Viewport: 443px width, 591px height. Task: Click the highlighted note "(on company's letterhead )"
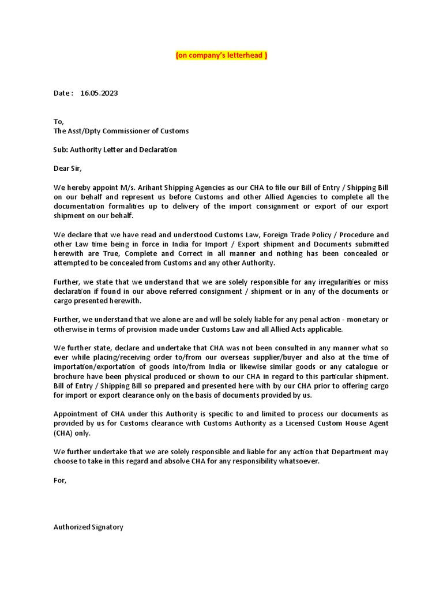coord(221,55)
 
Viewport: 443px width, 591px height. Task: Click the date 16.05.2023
coord(99,93)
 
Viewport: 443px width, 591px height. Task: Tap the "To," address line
coord(59,121)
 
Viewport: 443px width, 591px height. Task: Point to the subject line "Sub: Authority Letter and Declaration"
coord(115,149)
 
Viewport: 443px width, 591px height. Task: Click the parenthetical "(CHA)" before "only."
coord(63,433)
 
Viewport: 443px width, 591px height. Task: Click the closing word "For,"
coord(61,480)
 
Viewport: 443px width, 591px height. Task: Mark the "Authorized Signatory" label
coord(88,527)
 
